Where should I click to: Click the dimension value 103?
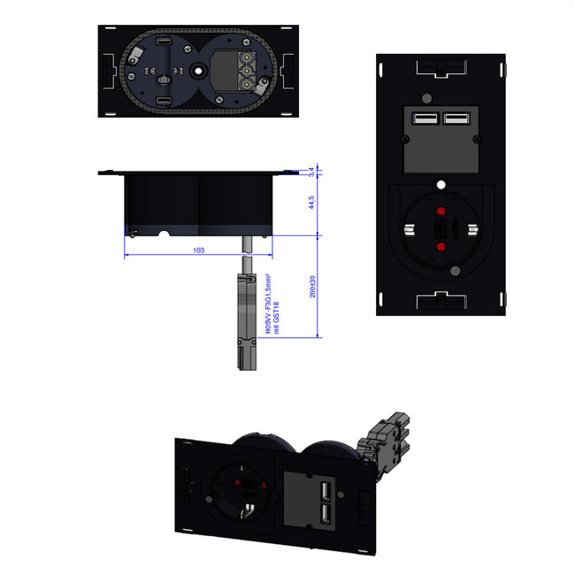pos(197,251)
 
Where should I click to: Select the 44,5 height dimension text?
pos(311,204)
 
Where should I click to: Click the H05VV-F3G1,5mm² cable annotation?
pos(267,303)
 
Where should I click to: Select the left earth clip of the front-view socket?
pos(410,231)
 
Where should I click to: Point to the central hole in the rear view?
pos(195,68)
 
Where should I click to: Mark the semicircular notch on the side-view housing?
pos(161,234)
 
